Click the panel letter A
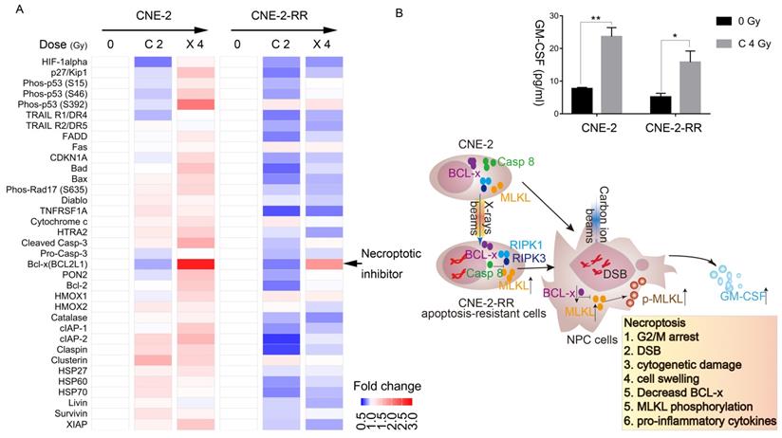click(8, 9)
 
